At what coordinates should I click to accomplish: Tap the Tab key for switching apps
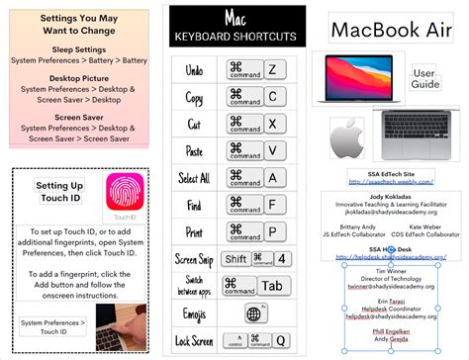coord(271,286)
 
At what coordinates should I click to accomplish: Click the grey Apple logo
coord(348,137)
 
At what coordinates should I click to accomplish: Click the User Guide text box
coord(424,79)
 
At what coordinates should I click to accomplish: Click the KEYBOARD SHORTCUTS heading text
coord(234,38)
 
